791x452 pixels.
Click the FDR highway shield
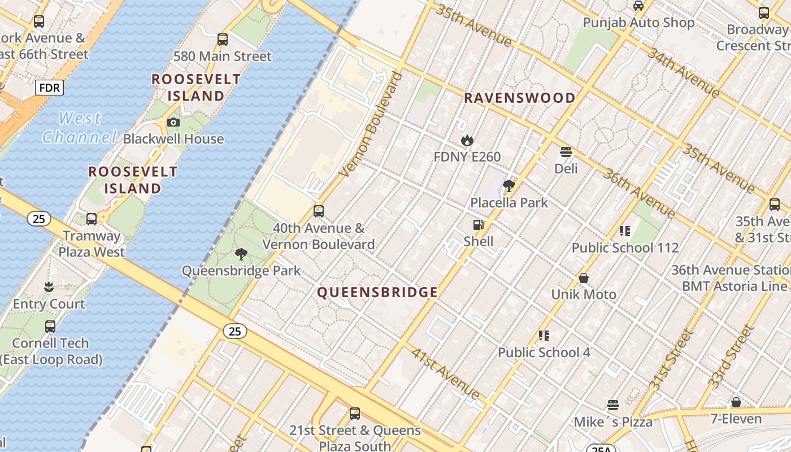pos(49,88)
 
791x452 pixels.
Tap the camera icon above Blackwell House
pos(173,122)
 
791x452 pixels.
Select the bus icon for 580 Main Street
pos(223,40)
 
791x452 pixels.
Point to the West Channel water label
pos(79,128)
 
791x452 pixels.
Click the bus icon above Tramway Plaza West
pos(92,219)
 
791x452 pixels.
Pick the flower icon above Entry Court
pos(49,287)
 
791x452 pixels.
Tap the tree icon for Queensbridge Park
pos(241,254)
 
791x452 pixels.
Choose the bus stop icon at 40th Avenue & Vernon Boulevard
pos(319,211)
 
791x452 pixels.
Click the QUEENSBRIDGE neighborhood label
pos(377,292)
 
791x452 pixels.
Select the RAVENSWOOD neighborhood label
pos(519,98)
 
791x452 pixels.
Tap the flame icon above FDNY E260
pos(467,140)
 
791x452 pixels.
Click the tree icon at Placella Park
pos(509,185)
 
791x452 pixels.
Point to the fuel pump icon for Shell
pos(479,225)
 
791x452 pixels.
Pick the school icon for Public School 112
pos(625,231)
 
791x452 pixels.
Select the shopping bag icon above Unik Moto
pos(584,278)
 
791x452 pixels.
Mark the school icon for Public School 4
pos(544,336)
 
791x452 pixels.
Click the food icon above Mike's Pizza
pos(613,405)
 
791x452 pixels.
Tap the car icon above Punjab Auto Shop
pos(638,6)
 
